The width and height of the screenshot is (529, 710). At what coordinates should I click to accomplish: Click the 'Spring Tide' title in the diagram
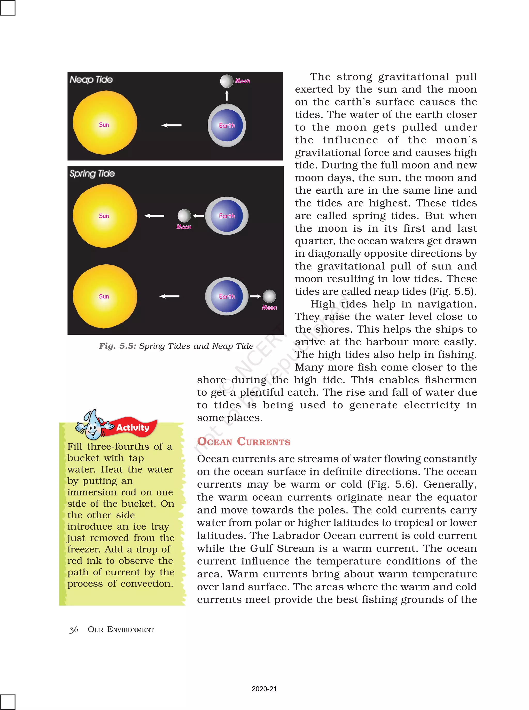click(x=92, y=173)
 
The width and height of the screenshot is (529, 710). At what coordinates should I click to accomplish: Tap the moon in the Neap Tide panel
click(x=226, y=81)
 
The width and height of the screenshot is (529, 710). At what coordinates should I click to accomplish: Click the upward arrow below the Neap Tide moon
click(x=227, y=95)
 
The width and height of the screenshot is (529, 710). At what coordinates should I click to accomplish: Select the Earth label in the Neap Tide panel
click(x=227, y=126)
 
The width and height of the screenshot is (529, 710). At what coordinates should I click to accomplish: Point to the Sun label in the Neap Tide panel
click(x=104, y=125)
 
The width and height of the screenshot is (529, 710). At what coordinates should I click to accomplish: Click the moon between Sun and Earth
click(x=184, y=216)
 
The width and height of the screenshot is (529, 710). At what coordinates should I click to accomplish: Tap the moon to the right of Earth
click(x=269, y=296)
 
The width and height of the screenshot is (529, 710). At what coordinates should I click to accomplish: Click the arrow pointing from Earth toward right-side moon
click(x=255, y=296)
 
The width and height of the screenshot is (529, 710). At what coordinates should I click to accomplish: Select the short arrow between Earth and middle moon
click(x=199, y=216)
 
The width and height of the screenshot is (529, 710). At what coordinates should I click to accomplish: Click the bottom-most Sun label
click(x=104, y=296)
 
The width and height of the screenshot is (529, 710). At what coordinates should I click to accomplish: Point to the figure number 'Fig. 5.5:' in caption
click(x=118, y=346)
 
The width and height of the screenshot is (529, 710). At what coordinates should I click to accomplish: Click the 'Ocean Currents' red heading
click(x=244, y=441)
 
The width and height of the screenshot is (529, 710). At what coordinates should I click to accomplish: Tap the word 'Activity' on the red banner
click(x=133, y=428)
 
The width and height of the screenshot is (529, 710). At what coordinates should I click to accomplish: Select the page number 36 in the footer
click(x=74, y=630)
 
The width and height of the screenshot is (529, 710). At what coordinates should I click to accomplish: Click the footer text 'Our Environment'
click(x=121, y=629)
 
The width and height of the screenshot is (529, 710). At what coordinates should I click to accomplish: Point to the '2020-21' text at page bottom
click(x=264, y=689)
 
